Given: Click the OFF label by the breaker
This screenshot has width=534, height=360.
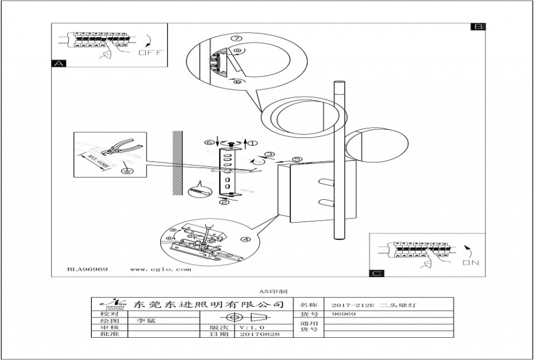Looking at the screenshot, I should pos(151,52).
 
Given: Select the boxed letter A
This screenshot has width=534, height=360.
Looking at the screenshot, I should pos(59,63).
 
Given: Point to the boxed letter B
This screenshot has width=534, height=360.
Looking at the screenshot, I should pos(478,27).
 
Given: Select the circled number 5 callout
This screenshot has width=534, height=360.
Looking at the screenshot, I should pos(296,160).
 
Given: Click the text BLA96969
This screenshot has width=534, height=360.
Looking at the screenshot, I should pos(88,269).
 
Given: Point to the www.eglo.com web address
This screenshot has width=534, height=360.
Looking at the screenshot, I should pos(160,269).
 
